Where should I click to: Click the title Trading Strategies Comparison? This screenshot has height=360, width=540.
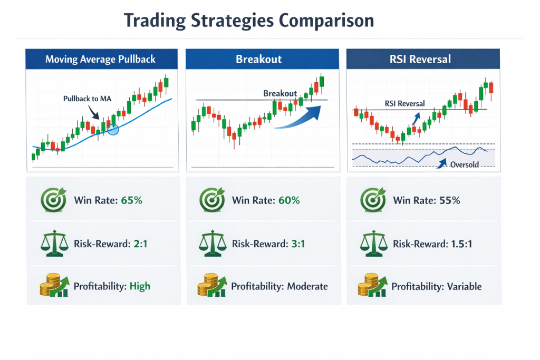click(249, 21)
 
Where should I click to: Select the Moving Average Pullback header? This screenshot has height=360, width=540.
click(102, 59)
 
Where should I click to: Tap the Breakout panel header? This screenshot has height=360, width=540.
click(262, 59)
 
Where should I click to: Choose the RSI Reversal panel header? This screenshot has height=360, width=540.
click(423, 59)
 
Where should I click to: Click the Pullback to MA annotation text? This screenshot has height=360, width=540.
click(87, 99)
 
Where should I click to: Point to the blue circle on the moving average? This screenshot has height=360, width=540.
click(113, 130)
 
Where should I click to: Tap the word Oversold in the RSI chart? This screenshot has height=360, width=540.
click(465, 164)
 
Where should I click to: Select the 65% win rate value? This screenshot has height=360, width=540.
click(131, 200)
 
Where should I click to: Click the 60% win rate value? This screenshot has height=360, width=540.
click(289, 200)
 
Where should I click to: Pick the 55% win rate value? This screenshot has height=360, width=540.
click(449, 200)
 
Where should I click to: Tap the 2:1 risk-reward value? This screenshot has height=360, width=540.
click(140, 244)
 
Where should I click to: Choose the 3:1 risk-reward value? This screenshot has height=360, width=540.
click(298, 244)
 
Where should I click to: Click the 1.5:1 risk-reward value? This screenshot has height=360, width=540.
click(461, 244)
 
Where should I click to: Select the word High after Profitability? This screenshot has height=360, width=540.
click(140, 286)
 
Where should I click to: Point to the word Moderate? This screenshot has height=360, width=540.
click(307, 286)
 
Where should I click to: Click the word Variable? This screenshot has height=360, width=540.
click(464, 286)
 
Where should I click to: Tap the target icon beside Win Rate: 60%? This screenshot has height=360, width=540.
click(212, 200)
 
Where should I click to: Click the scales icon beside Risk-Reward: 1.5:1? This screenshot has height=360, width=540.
click(373, 244)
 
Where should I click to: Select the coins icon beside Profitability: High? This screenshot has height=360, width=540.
click(54, 285)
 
